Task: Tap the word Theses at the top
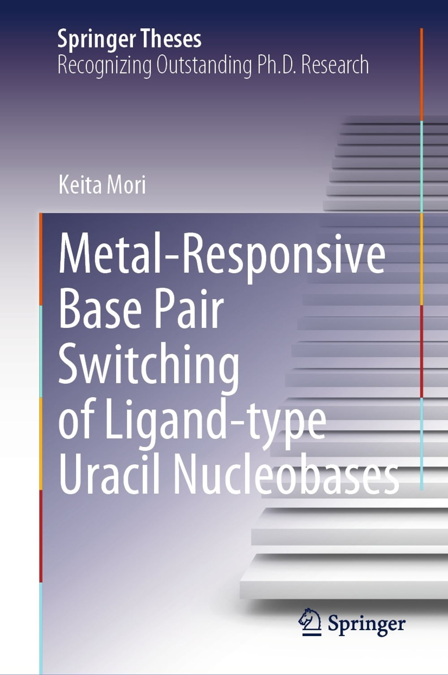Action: [171, 39]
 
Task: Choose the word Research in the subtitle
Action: [335, 64]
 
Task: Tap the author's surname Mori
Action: [127, 184]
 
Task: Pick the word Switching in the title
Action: [149, 368]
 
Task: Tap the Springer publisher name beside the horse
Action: [366, 623]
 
